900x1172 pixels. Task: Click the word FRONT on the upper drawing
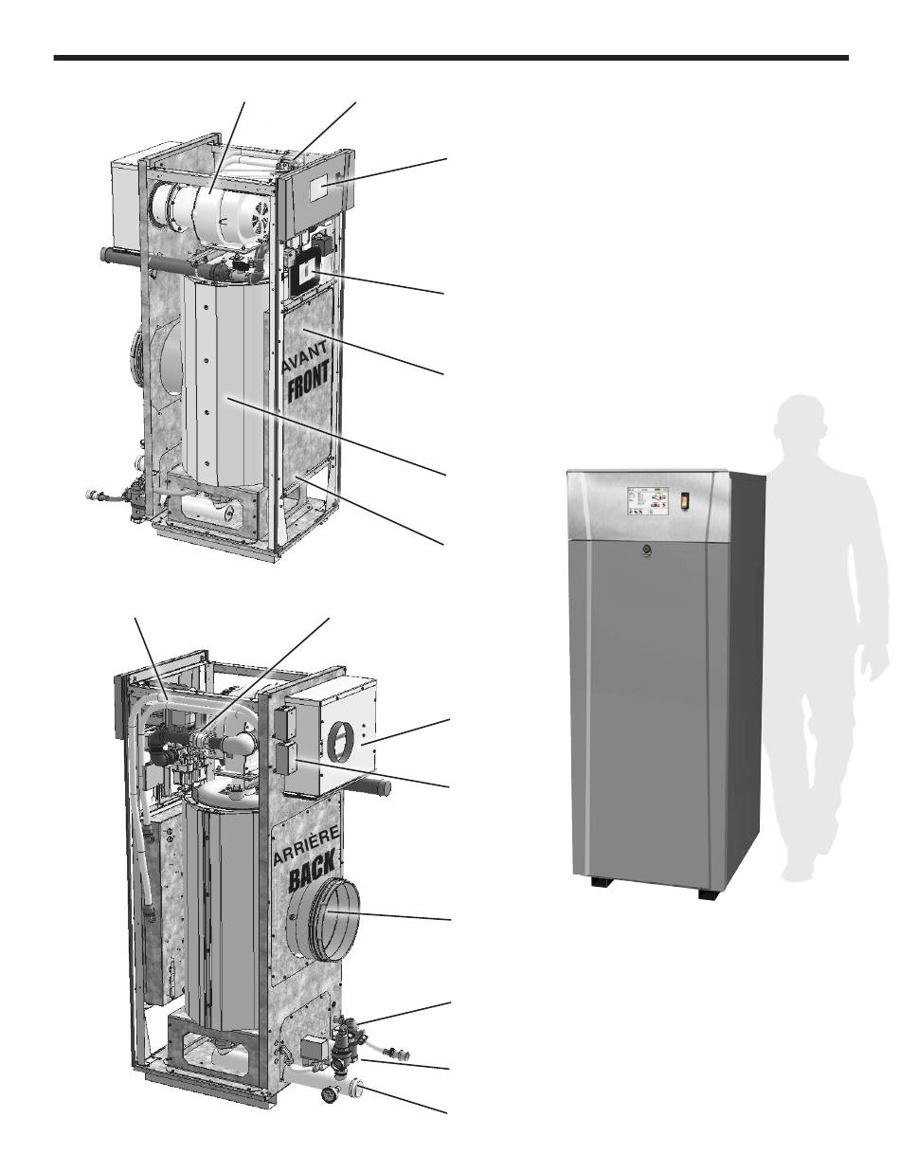[x=308, y=384]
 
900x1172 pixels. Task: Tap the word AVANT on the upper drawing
[x=305, y=356]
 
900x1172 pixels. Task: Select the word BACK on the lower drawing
[x=312, y=871]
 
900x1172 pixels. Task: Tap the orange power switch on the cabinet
[x=685, y=500]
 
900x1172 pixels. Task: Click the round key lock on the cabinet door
[x=645, y=550]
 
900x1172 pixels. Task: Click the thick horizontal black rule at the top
[x=451, y=58]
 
